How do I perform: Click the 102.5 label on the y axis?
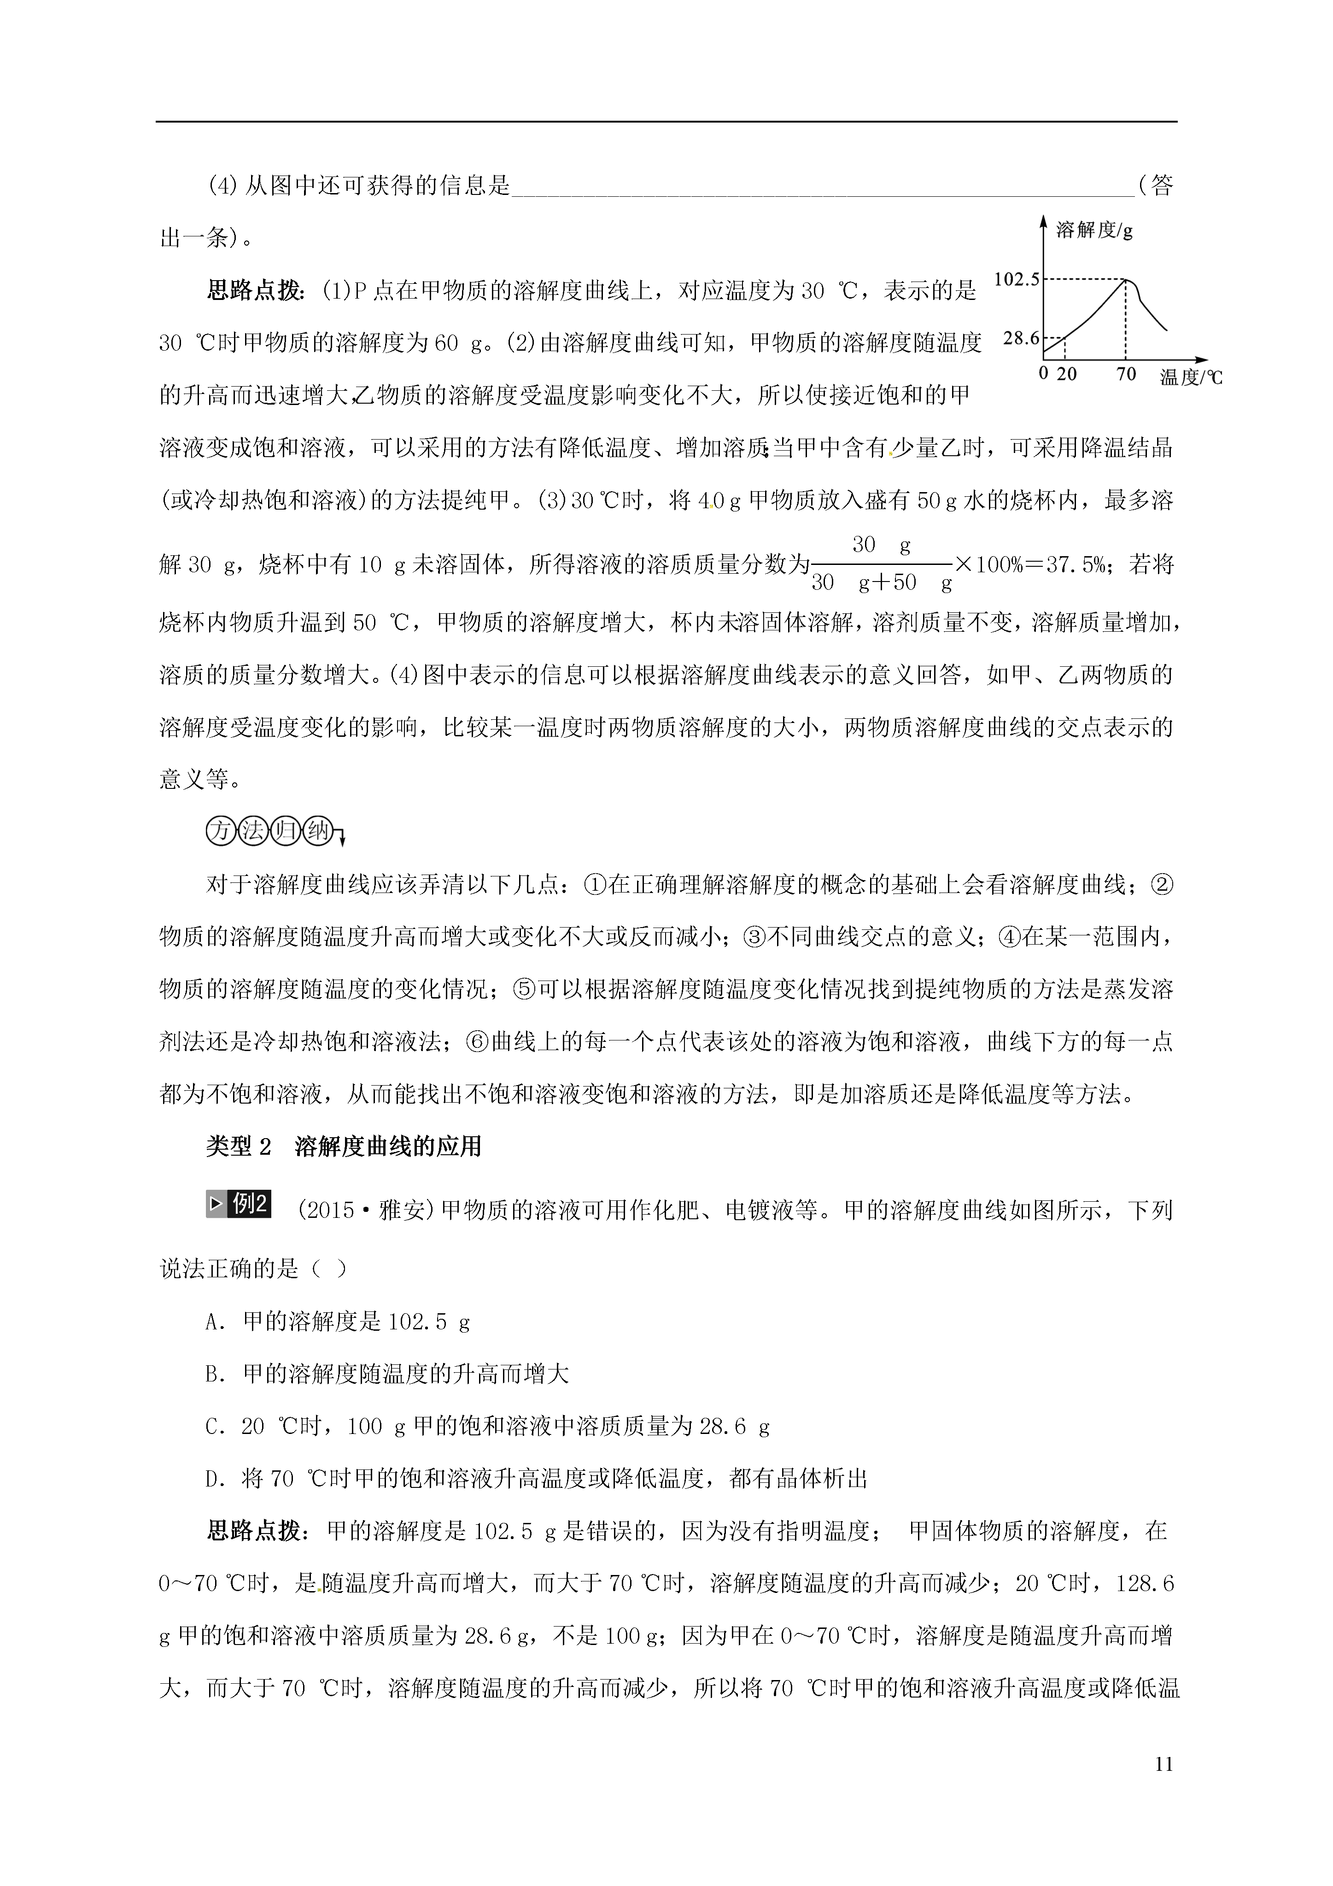(x=1017, y=279)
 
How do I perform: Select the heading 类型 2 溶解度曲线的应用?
(x=343, y=1147)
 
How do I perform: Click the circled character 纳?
(x=317, y=831)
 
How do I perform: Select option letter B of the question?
(x=215, y=1375)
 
